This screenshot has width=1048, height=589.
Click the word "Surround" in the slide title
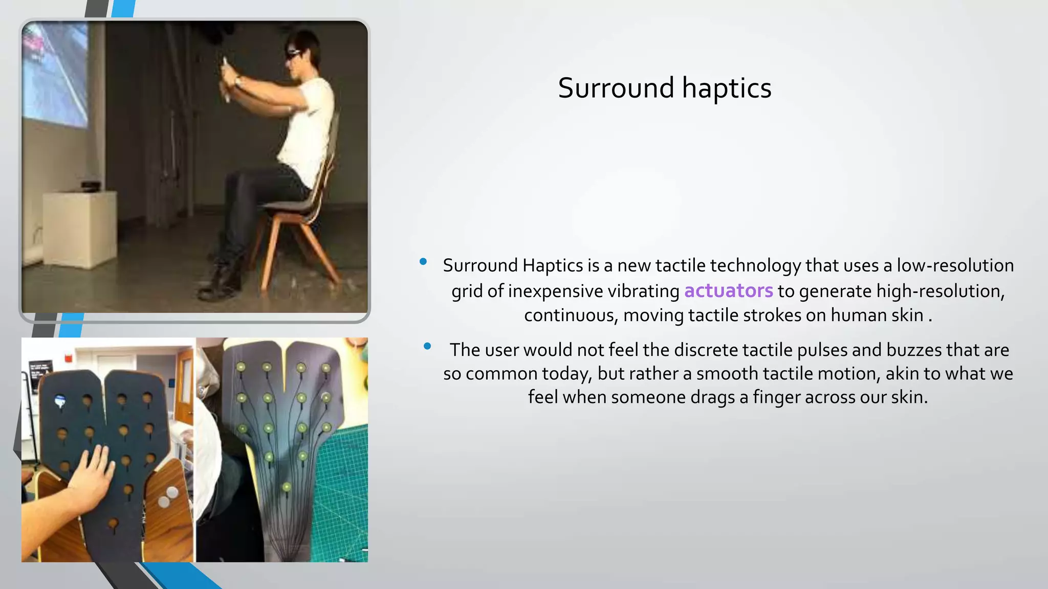point(616,88)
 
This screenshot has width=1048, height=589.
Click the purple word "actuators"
point(728,290)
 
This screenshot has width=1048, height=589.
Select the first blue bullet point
point(423,262)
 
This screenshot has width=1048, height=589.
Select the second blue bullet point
point(427,346)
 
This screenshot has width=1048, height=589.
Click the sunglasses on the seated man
point(295,54)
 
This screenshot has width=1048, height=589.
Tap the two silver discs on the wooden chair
point(168,496)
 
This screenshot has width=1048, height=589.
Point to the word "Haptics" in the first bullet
point(553,265)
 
